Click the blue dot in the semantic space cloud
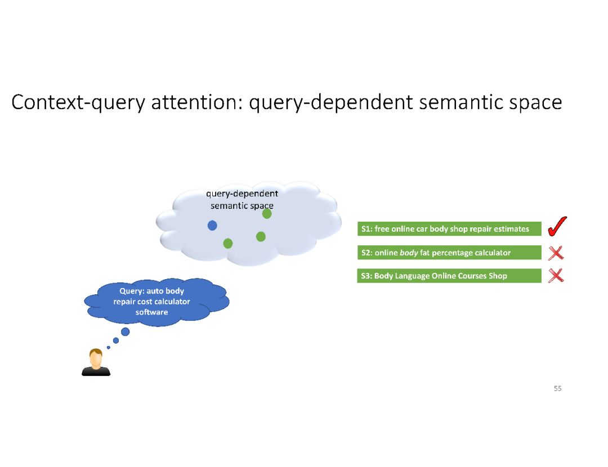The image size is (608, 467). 212,226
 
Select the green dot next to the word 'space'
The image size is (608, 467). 267,214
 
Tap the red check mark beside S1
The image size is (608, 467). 557,227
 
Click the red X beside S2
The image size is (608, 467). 556,253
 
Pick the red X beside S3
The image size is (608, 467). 556,275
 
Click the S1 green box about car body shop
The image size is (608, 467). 449,229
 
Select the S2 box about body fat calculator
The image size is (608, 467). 449,253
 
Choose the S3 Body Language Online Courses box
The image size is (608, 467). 449,276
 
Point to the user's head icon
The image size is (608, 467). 96,358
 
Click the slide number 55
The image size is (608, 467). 557,388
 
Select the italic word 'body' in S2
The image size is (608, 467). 409,253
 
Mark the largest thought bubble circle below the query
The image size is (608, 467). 125,331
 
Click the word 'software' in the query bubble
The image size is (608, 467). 151,312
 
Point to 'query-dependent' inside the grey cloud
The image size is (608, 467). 242,194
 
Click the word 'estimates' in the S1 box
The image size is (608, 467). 512,229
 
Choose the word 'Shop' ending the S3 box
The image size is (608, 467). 498,276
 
